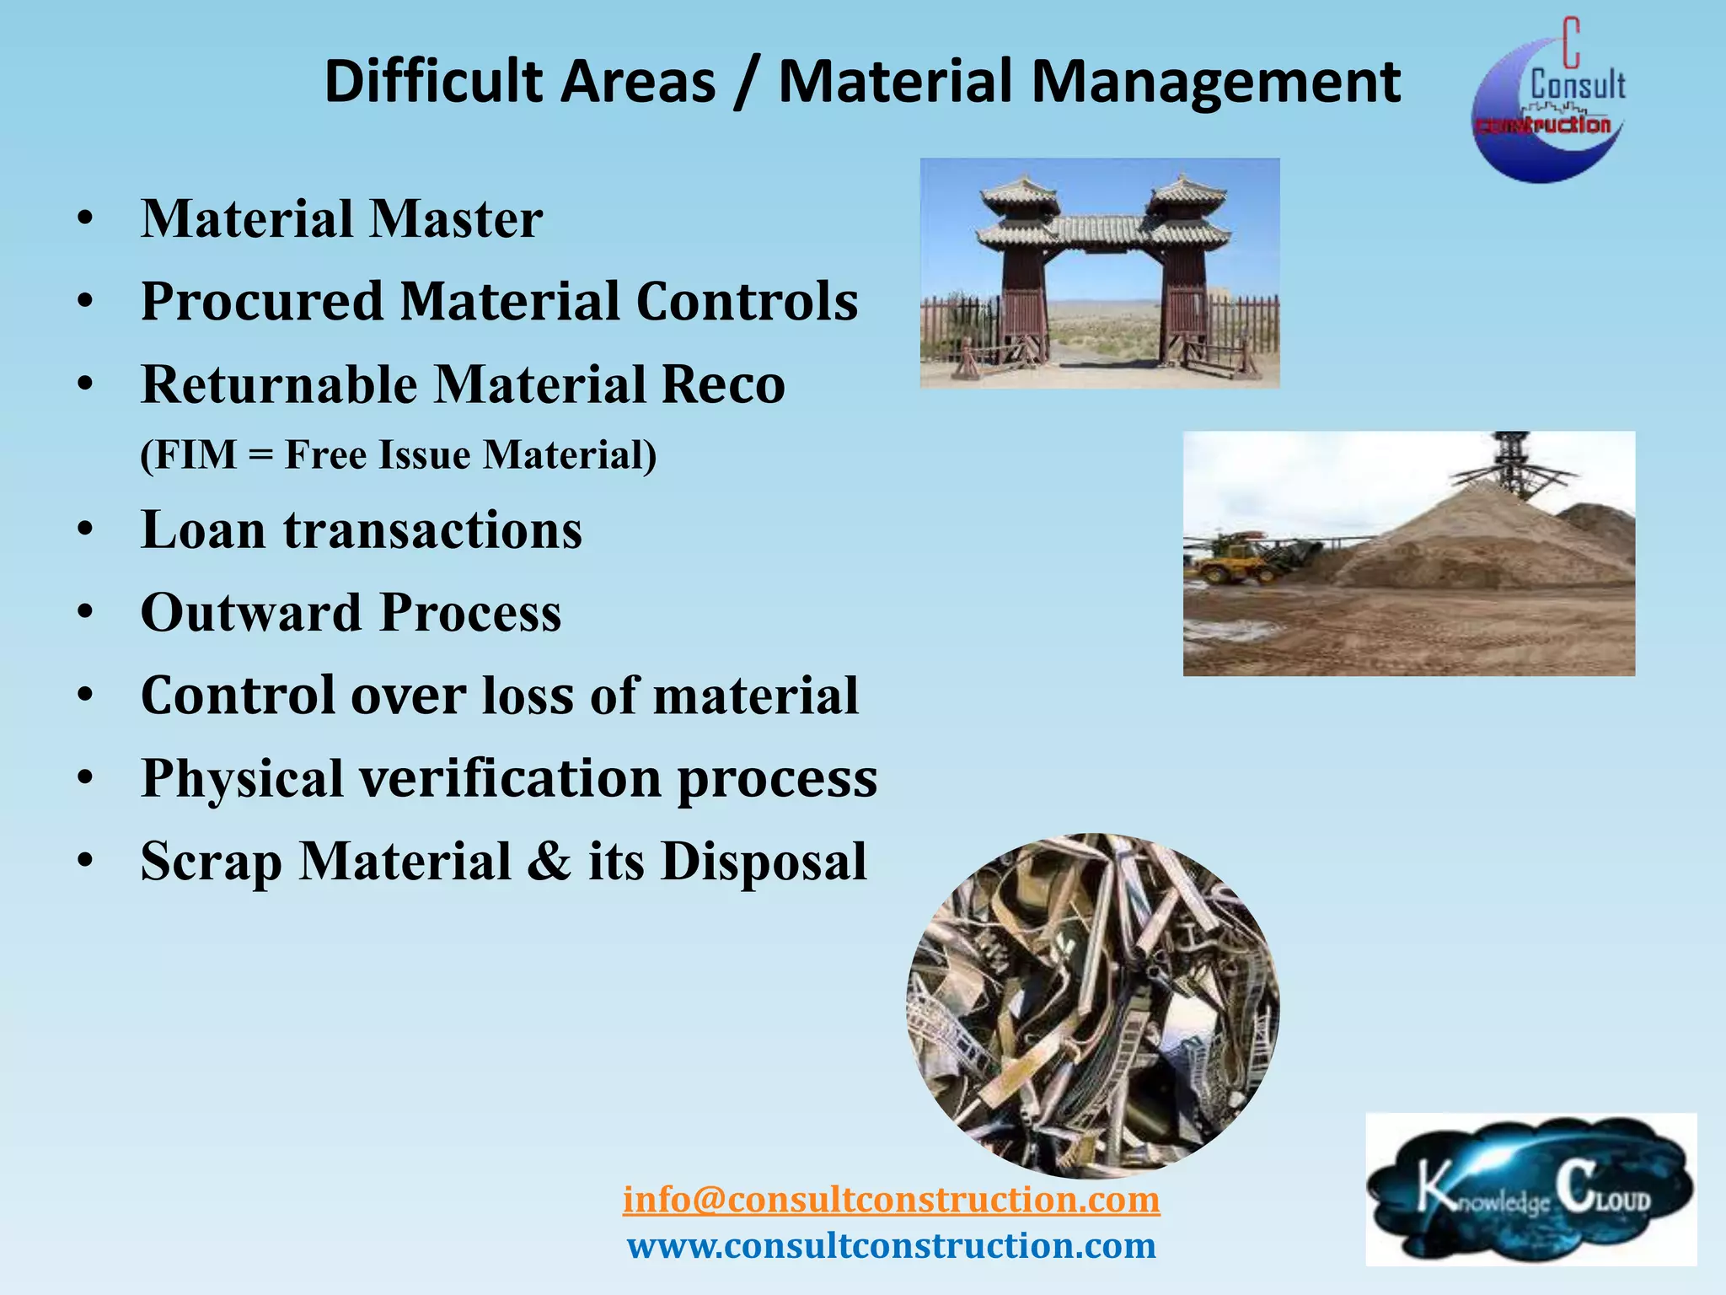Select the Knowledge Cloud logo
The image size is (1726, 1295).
tap(1530, 1189)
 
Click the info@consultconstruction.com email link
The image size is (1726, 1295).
tap(891, 1199)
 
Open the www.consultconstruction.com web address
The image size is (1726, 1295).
tap(891, 1245)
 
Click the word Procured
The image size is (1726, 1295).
tap(262, 302)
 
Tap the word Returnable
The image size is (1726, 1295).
tap(279, 384)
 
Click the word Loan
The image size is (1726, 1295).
tap(203, 530)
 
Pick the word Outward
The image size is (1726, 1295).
tap(251, 613)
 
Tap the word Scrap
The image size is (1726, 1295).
tap(211, 862)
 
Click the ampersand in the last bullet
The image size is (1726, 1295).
tap(549, 862)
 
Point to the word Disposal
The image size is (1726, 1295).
tap(764, 862)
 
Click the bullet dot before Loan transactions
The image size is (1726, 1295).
tap(84, 531)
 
